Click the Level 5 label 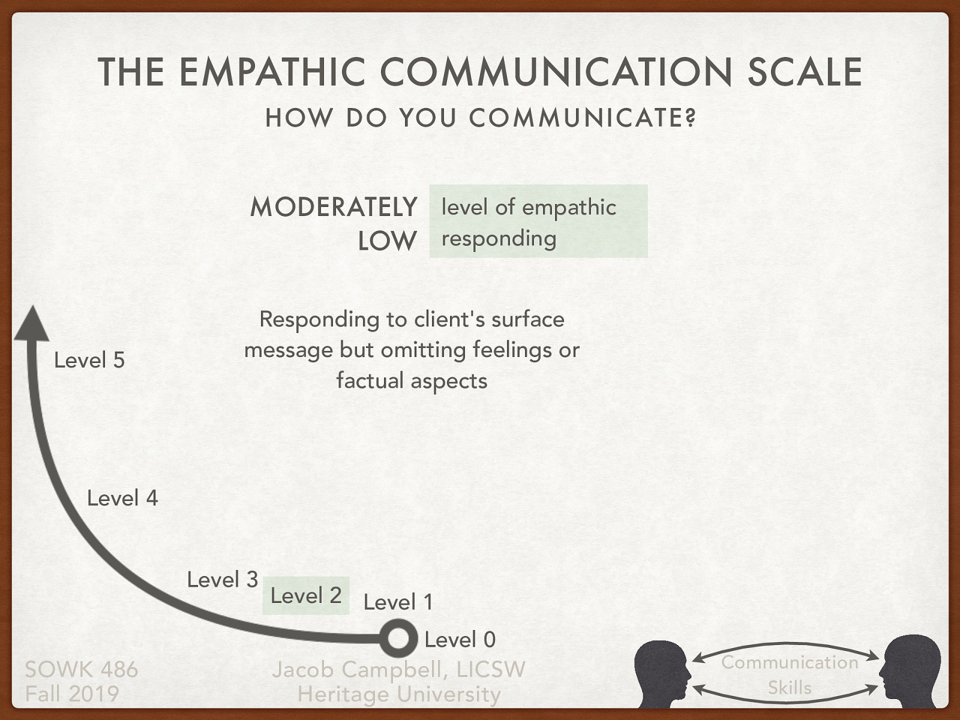(89, 360)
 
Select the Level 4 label (122, 498)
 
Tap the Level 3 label (222, 580)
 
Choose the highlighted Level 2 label (306, 595)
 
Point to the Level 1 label (398, 602)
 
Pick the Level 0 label (460, 640)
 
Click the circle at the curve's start (397, 638)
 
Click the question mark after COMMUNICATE (691, 118)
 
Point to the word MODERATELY (333, 207)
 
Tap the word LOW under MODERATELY (387, 241)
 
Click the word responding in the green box (499, 239)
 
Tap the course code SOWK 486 (82, 669)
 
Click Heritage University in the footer (399, 694)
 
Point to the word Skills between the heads (790, 688)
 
